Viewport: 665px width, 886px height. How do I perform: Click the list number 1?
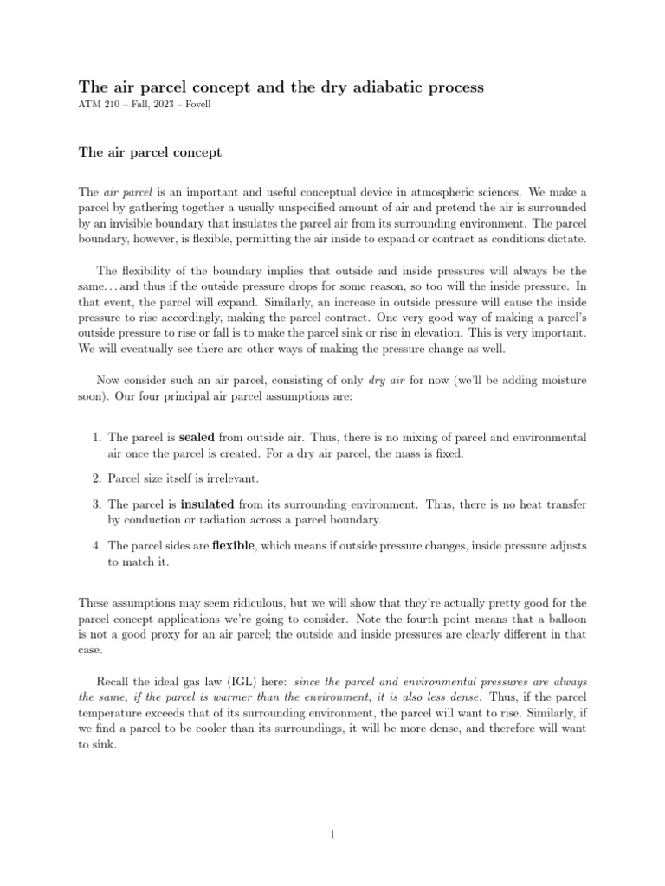pos(97,438)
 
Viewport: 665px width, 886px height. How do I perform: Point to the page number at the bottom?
pos(332,835)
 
